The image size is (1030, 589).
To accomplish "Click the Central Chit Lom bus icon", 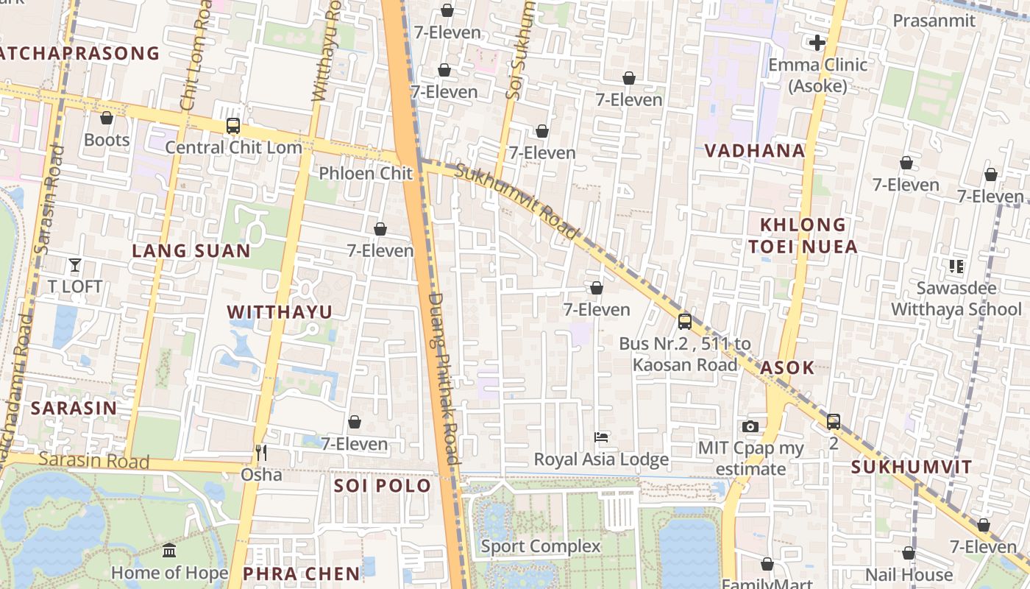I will pyautogui.click(x=233, y=126).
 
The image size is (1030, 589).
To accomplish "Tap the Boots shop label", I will pyautogui.click(x=107, y=140).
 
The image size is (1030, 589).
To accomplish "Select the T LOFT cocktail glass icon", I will pyautogui.click(x=74, y=265).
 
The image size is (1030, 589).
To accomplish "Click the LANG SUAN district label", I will pyautogui.click(x=191, y=251).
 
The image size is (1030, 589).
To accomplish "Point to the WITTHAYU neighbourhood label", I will pyautogui.click(x=280, y=312).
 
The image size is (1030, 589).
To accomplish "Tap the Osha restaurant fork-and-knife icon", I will pyautogui.click(x=260, y=452).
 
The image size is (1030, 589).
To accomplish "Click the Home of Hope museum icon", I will pyautogui.click(x=169, y=551).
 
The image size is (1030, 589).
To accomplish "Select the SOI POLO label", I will pyautogui.click(x=383, y=486).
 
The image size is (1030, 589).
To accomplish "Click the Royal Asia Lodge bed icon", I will pyautogui.click(x=601, y=437).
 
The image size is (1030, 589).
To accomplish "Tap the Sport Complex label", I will pyautogui.click(x=541, y=546).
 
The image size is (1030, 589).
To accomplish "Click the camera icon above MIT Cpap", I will pyautogui.click(x=750, y=426).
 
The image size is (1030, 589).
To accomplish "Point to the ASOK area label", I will pyautogui.click(x=787, y=368).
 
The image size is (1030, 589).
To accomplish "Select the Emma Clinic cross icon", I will pyautogui.click(x=817, y=43).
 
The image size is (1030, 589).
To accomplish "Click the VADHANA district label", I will pyautogui.click(x=755, y=151).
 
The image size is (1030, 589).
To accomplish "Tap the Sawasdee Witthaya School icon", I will pyautogui.click(x=956, y=267).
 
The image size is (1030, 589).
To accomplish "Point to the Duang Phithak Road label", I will pyautogui.click(x=444, y=379).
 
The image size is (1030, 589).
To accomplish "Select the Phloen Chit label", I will pyautogui.click(x=366, y=173).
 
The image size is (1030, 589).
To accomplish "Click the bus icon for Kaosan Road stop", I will pyautogui.click(x=685, y=322).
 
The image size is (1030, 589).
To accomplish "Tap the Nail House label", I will pyautogui.click(x=909, y=574).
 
